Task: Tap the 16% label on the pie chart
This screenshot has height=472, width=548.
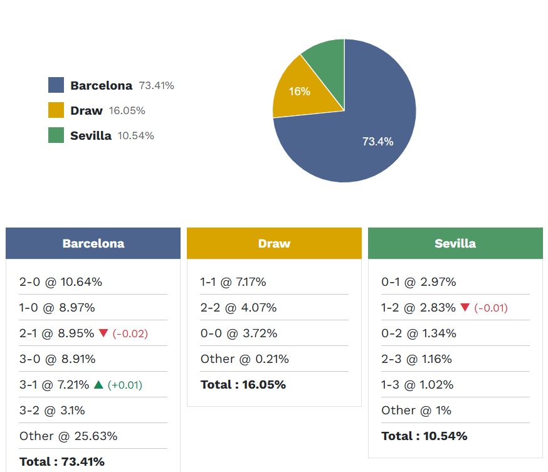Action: click(x=299, y=92)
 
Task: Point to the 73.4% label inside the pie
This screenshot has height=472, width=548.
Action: click(x=377, y=142)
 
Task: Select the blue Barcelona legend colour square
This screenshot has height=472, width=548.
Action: click(x=56, y=85)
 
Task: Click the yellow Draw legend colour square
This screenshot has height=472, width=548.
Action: click(x=56, y=110)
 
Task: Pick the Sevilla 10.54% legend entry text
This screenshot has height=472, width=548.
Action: click(x=112, y=135)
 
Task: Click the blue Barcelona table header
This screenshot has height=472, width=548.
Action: click(x=93, y=243)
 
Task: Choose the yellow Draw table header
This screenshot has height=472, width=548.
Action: click(x=274, y=243)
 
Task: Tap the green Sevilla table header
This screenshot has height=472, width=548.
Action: click(x=455, y=243)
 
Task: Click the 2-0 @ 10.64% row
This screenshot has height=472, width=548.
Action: click(x=61, y=282)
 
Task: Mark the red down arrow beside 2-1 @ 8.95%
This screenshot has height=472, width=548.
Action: click(x=103, y=333)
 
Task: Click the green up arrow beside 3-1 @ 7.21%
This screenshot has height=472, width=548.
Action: click(x=98, y=384)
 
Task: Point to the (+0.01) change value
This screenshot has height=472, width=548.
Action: click(x=125, y=385)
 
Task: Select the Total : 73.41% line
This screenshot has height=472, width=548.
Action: click(x=62, y=462)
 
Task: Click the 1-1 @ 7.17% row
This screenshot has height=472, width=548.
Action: click(x=233, y=282)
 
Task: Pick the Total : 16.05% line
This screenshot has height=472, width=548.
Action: click(x=243, y=385)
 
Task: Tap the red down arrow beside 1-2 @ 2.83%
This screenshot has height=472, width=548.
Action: click(x=465, y=308)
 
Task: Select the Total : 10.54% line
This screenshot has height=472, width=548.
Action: click(x=424, y=436)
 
